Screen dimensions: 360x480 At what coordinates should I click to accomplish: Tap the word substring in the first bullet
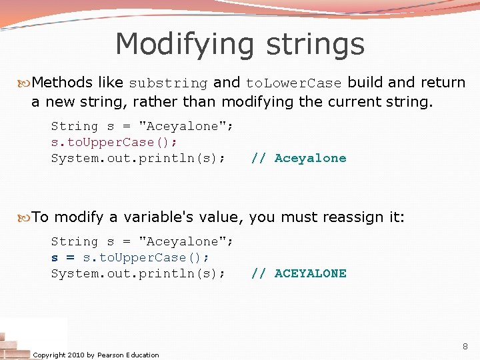pyautogui.click(x=168, y=83)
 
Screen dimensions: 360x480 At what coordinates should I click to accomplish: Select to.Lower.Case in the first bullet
pyautogui.click(x=293, y=83)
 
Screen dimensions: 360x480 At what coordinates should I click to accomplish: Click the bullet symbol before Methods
pyautogui.click(x=26, y=83)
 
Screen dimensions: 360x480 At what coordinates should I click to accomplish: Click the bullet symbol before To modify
pyautogui.click(x=26, y=217)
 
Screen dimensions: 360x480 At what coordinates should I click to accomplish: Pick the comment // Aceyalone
pyautogui.click(x=298, y=158)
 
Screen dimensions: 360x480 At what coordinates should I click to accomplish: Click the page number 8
pyautogui.click(x=465, y=346)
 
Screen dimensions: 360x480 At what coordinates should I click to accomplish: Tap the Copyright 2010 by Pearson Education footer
pyautogui.click(x=96, y=355)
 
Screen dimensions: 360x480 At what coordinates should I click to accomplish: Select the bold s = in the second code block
pyautogui.click(x=63, y=257)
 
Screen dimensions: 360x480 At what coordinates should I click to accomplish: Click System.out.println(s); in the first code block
pyautogui.click(x=138, y=158)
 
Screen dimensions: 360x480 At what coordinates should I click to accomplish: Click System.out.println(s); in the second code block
pyautogui.click(x=138, y=273)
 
